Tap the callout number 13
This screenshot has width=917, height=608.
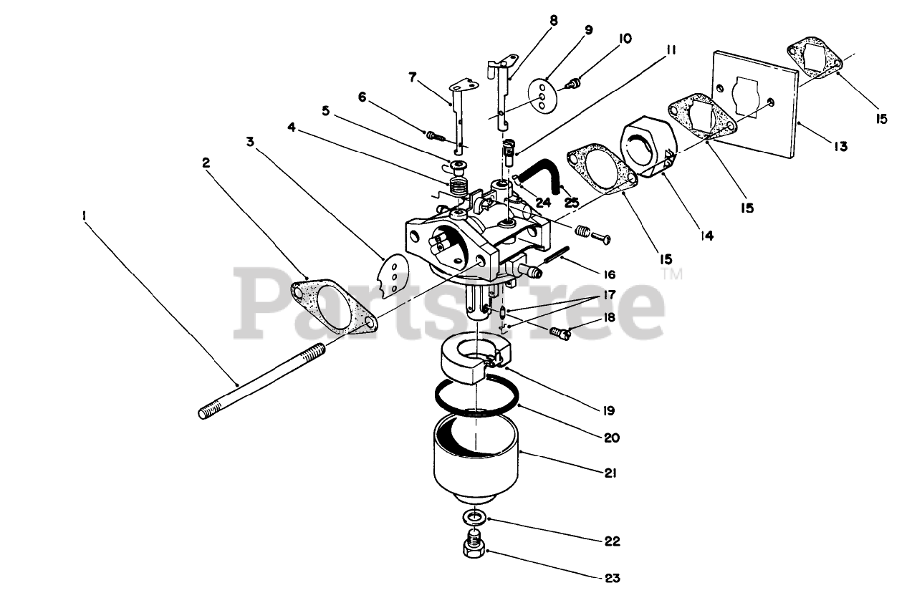point(840,147)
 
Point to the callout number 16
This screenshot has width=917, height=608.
point(609,274)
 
